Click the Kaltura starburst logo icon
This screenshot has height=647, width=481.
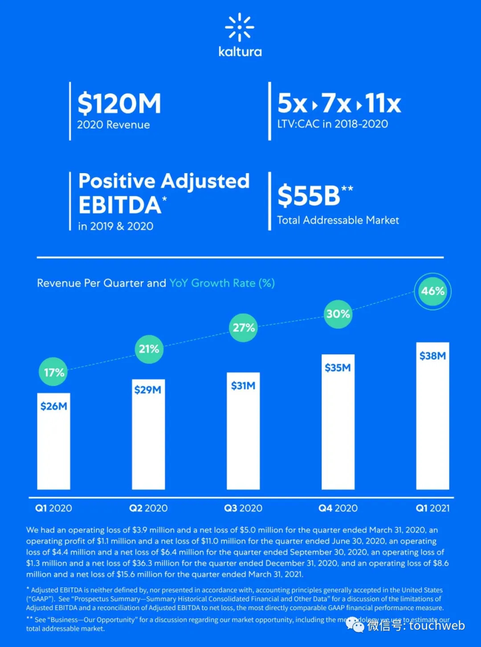pos(240,27)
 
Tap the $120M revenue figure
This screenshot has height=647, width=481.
pos(119,103)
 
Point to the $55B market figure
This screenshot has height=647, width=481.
pos(309,195)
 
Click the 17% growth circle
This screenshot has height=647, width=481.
pos(53,372)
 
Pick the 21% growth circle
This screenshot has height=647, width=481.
pos(149,349)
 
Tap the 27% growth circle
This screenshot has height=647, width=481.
pos(244,328)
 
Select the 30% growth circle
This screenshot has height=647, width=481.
pos(338,314)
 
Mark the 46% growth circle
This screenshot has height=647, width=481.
pos(432,291)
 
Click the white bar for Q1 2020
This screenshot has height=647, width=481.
pos(53,449)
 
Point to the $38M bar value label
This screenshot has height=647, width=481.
pos(432,356)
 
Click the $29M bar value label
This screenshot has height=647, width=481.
pos(148,390)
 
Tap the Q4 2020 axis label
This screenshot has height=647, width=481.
pos(338,508)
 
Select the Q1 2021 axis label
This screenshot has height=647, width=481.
pos(432,508)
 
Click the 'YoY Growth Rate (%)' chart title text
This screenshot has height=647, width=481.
pos(222,283)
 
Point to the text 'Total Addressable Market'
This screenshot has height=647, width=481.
pos(338,220)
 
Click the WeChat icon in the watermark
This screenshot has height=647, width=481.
pos(355,625)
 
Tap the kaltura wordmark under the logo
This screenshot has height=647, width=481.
pos(240,52)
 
